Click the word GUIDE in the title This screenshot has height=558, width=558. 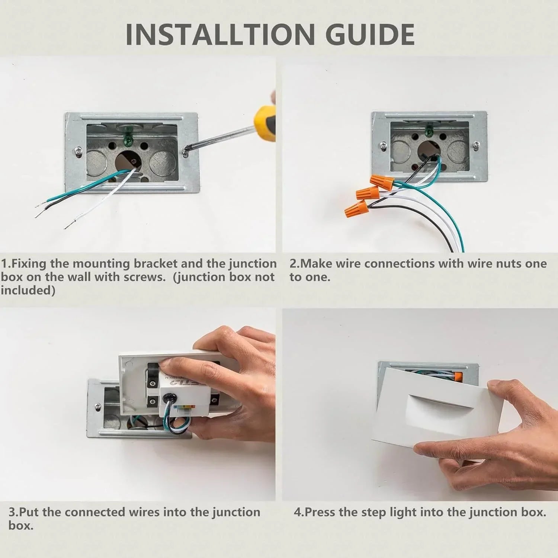click(x=370, y=34)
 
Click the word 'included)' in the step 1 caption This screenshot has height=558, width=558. click(x=28, y=290)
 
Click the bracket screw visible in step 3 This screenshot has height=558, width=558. click(x=97, y=407)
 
